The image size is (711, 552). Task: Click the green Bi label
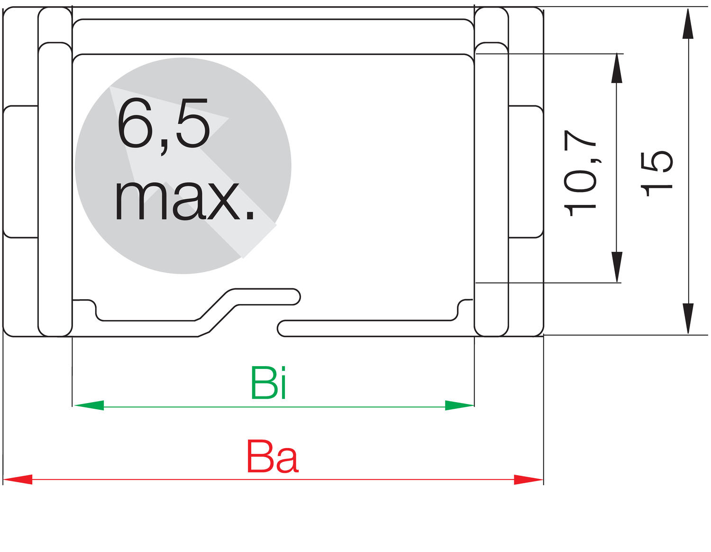[x=268, y=383]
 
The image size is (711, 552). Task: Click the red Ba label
[x=273, y=457]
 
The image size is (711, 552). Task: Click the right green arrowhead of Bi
[x=459, y=405]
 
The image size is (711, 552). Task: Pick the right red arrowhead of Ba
[x=529, y=479]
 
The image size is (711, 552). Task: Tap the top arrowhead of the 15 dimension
[x=688, y=24]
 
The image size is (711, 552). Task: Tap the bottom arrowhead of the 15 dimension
[x=688, y=319]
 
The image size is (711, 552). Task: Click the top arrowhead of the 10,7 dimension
[x=616, y=69]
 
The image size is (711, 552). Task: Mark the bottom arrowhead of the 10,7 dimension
[x=616, y=267]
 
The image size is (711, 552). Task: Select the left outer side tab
[x=20, y=171]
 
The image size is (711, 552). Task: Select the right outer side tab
[x=526, y=171]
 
